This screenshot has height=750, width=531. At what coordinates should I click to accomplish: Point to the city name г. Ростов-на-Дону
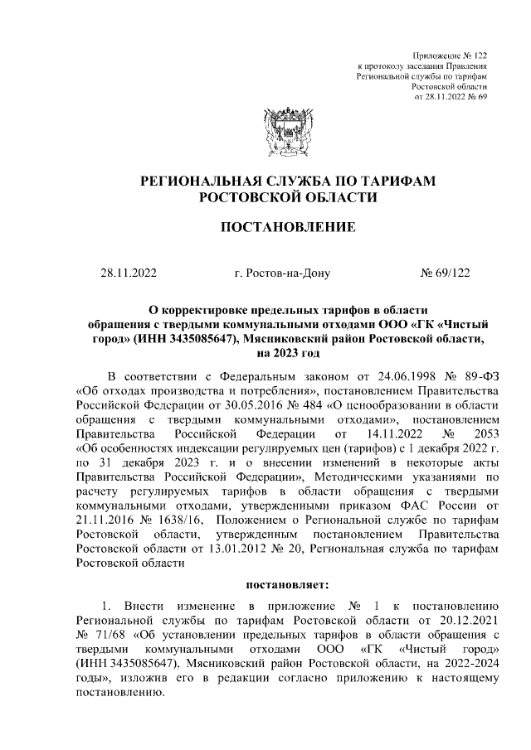coord(283,271)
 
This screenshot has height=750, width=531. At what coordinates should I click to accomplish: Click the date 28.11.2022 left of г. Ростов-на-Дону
coord(129,271)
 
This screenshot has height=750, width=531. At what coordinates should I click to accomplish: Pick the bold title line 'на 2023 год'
coord(286,353)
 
